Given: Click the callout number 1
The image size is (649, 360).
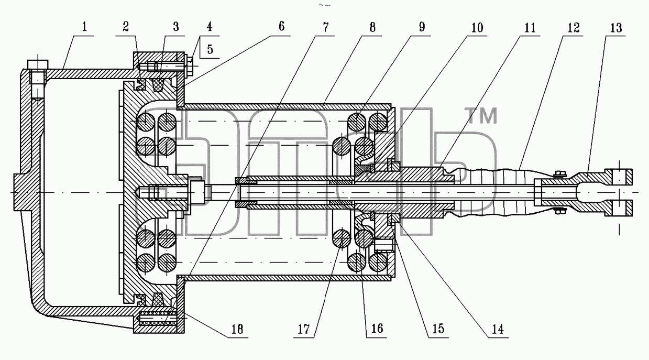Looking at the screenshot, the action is (84, 27).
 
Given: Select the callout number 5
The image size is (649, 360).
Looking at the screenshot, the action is (210, 49).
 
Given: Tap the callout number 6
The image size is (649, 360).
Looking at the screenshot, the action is (281, 26).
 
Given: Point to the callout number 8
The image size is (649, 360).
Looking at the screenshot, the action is (372, 27).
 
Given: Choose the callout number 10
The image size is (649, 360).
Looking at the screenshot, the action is (477, 28).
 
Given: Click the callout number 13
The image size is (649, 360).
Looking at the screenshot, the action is (616, 28).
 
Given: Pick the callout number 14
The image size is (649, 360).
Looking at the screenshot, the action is (498, 329).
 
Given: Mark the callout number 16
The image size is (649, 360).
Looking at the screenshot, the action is (377, 329).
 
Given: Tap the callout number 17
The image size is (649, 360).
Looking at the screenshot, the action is (304, 329).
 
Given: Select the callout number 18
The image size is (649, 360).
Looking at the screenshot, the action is (237, 329).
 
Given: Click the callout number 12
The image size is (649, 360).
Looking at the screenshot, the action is (574, 28).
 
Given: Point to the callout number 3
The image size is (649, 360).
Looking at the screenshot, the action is (176, 27).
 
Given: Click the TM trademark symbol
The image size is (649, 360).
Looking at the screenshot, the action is (481, 115).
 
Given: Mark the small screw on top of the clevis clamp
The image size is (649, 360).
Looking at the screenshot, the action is (559, 174).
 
